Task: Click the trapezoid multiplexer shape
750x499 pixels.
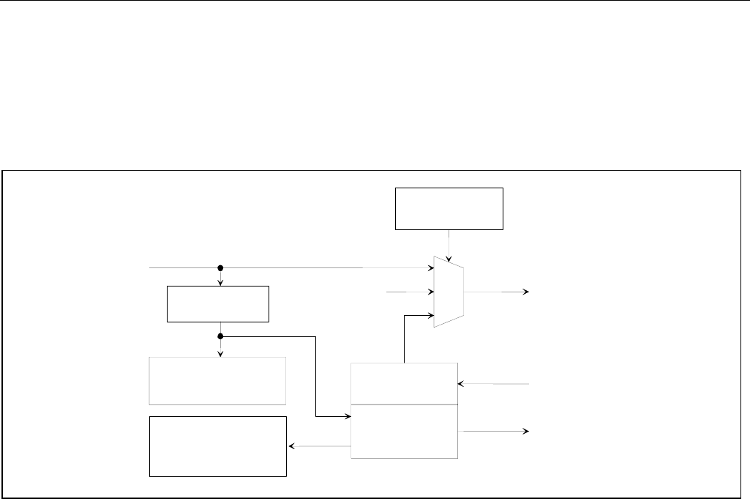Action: click(x=449, y=292)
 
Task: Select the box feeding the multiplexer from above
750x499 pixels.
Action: click(x=449, y=208)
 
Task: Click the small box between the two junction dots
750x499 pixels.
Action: click(x=218, y=304)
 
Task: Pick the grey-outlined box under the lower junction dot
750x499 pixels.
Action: click(x=217, y=380)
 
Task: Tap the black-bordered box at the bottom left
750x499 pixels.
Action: click(x=217, y=446)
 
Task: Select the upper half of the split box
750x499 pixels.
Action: click(x=405, y=382)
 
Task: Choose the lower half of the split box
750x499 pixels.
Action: click(x=405, y=431)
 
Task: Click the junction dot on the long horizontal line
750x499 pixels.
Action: click(x=220, y=268)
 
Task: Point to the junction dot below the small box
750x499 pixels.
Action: click(x=220, y=336)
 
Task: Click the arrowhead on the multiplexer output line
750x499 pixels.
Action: click(x=525, y=292)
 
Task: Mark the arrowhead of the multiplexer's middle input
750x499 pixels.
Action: click(x=431, y=292)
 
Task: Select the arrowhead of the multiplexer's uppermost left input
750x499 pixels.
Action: click(x=431, y=268)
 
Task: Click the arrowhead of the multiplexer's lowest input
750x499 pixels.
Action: click(x=431, y=316)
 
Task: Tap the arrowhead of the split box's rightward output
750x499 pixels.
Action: click(x=525, y=431)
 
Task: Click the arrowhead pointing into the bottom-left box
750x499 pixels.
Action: click(x=291, y=446)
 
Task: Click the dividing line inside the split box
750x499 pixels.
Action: click(x=405, y=404)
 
